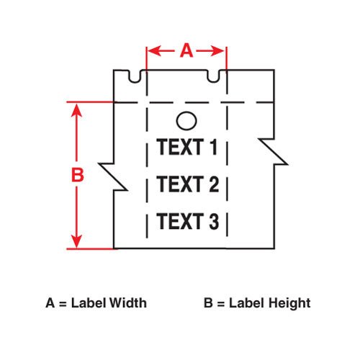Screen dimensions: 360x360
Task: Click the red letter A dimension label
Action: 186,50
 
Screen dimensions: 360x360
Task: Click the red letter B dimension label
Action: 78,175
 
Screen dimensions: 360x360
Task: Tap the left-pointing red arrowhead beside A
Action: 153,51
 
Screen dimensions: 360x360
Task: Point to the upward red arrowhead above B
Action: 76,111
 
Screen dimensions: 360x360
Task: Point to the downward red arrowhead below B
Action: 76,241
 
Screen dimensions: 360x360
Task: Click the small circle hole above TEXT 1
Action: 186,121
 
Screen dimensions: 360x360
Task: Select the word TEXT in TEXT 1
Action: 180,147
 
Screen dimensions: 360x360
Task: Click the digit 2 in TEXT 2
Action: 214,184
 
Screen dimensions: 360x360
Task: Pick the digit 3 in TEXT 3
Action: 214,221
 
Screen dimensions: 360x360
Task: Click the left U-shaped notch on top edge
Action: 135,76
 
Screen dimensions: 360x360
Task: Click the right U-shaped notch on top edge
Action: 213,76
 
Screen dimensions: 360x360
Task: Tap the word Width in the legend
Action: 128,303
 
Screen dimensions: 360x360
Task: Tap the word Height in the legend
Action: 289,303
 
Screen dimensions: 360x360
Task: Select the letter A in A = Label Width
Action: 50,303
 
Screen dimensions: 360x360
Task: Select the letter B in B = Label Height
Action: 208,303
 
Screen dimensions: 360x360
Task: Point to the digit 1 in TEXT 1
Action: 214,147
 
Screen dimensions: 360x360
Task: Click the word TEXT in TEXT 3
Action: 180,221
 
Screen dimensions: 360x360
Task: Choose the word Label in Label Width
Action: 89,303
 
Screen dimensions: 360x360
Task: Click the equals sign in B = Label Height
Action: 221,304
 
